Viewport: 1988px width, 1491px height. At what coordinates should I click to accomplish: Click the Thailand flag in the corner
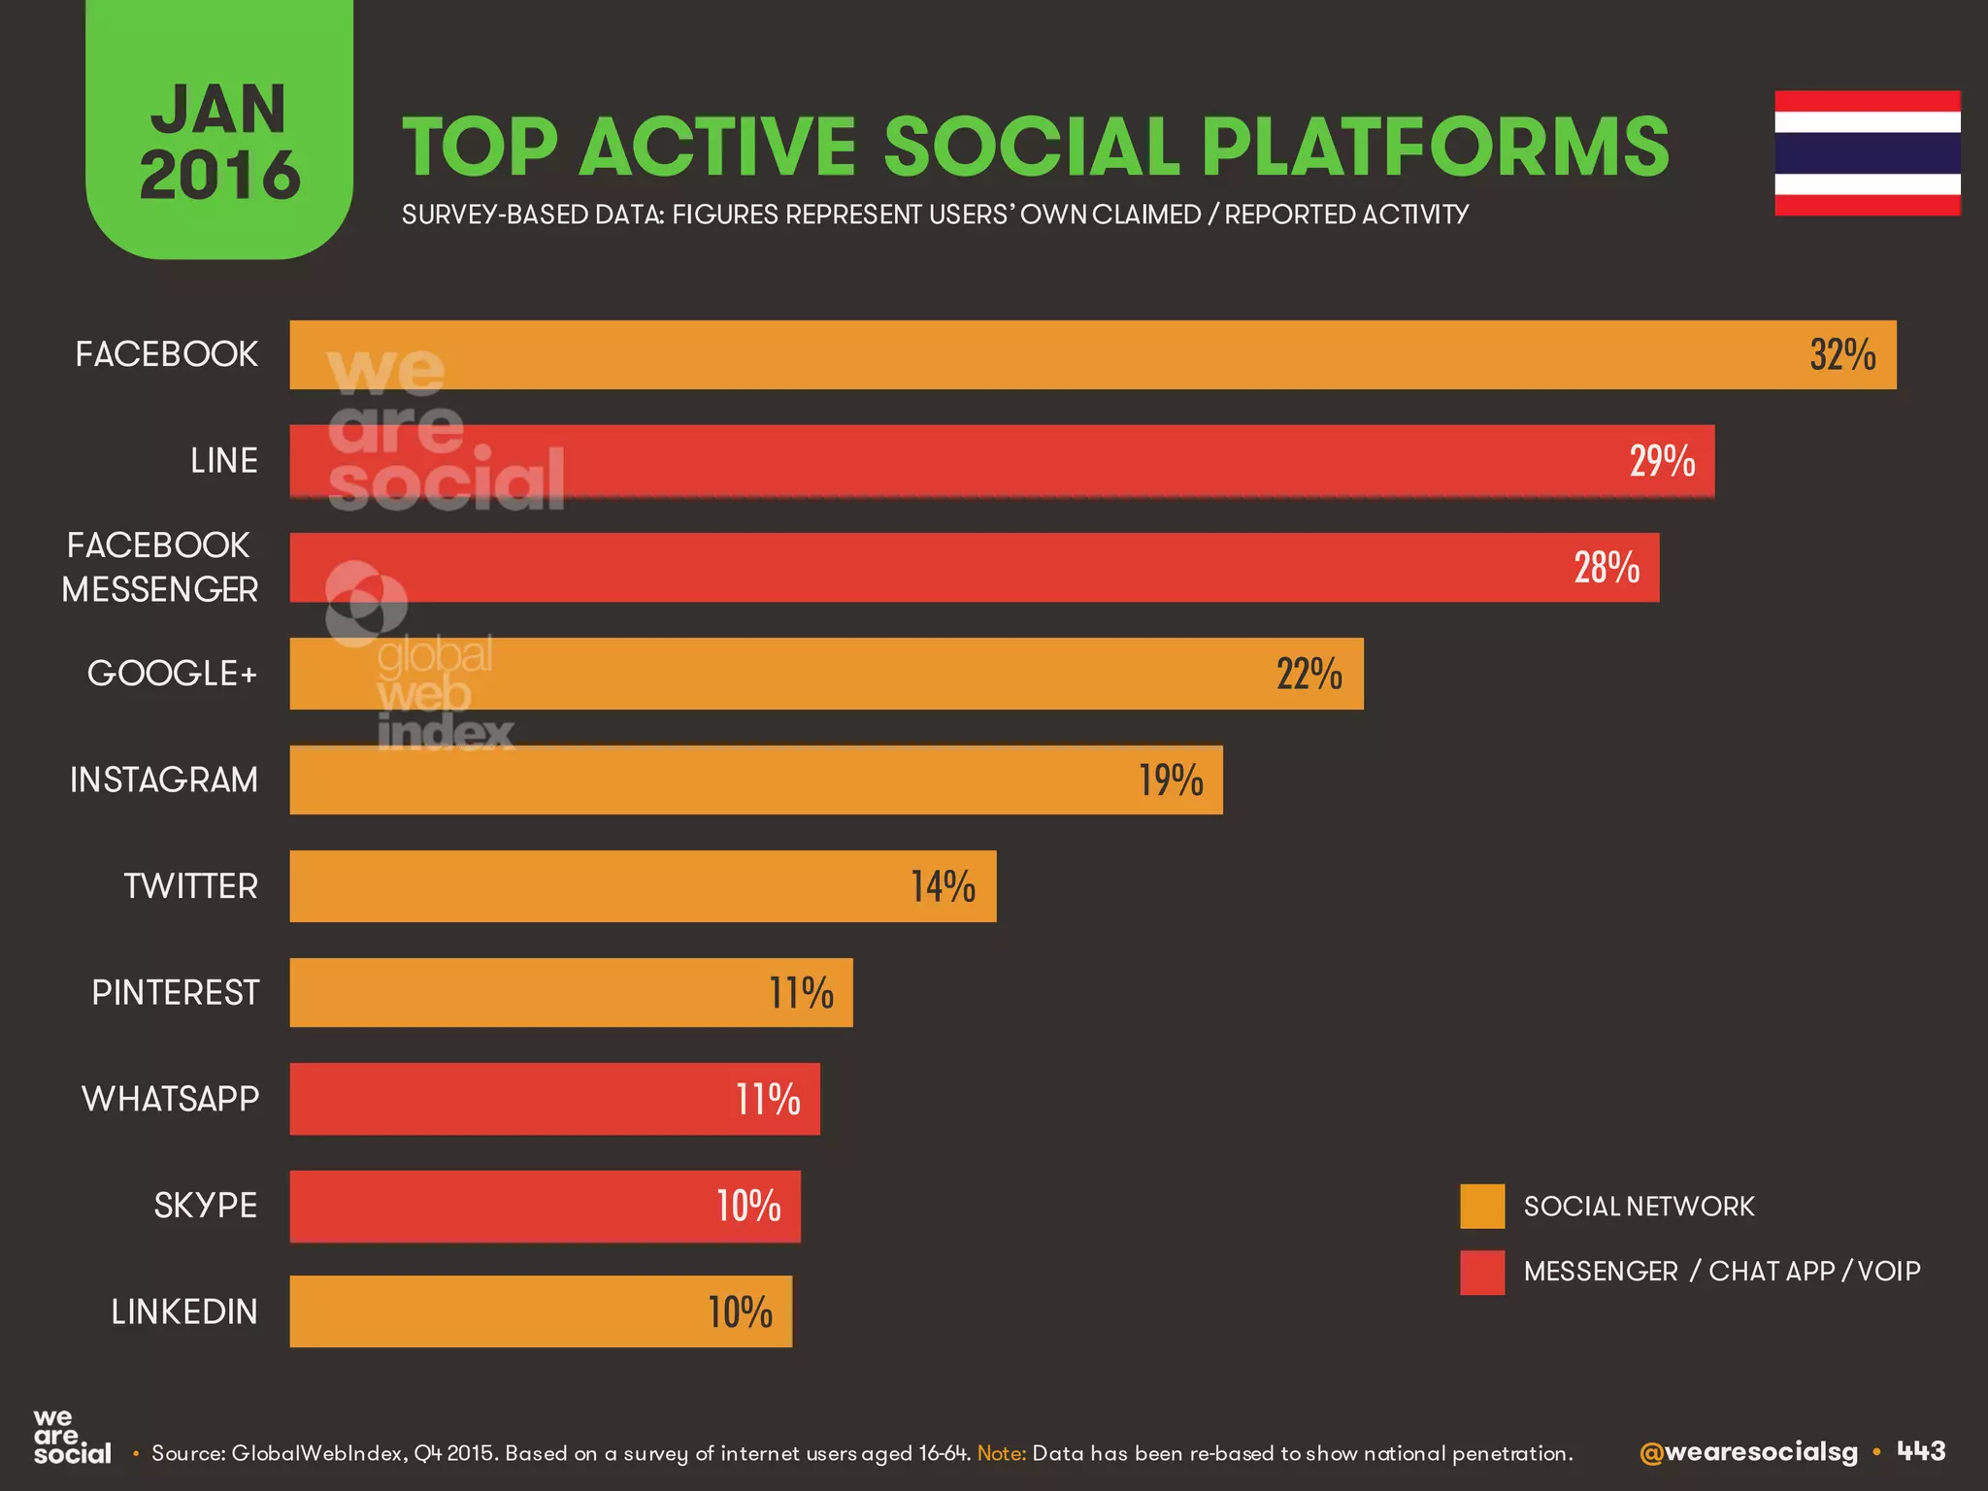click(1867, 152)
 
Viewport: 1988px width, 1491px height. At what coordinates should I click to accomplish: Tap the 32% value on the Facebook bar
click(1841, 355)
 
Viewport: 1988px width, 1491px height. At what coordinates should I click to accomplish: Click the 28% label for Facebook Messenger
click(1606, 568)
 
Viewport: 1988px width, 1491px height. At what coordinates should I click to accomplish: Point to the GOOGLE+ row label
click(172, 673)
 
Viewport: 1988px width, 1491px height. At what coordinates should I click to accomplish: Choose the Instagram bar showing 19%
click(755, 779)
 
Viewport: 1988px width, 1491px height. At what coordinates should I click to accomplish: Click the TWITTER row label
click(190, 886)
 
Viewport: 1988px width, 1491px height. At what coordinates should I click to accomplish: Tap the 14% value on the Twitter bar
click(942, 886)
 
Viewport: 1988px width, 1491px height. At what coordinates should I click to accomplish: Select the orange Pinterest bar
click(571, 992)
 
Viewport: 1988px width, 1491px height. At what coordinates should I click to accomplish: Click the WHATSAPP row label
click(170, 1099)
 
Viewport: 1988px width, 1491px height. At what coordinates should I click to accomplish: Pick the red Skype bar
click(545, 1206)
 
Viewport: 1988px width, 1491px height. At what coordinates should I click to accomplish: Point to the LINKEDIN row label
click(184, 1311)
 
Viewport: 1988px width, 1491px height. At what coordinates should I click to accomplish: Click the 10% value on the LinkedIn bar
click(740, 1312)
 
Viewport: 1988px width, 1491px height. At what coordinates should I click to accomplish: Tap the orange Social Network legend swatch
click(1481, 1207)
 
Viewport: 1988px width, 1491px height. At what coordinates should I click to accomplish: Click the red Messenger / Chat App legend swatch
click(1481, 1272)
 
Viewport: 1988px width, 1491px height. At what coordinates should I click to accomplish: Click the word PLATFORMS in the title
click(1434, 148)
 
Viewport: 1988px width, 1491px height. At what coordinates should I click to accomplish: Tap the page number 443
click(1921, 1451)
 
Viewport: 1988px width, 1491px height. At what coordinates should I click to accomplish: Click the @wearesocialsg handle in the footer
click(1747, 1452)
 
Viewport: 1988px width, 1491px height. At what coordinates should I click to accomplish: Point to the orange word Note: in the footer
click(1001, 1453)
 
